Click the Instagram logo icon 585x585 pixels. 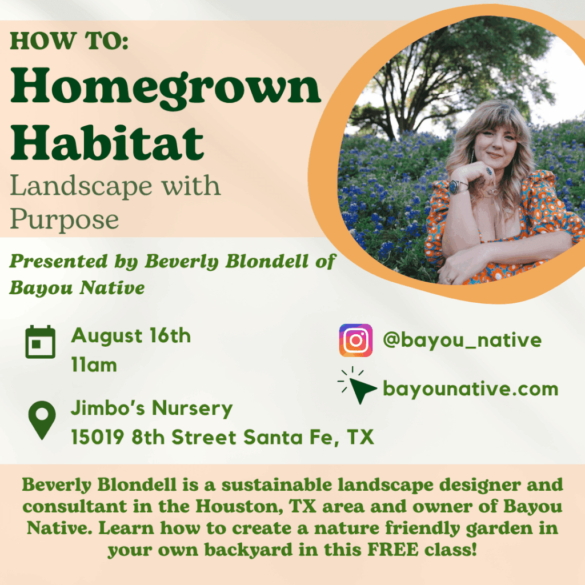pos(355,340)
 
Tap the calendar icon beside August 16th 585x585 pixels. pos(41,342)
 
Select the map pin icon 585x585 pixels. pos(42,420)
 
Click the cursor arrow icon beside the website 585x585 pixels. pos(357,386)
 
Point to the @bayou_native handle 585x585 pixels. pos(462,340)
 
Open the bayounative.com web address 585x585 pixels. pos(471,388)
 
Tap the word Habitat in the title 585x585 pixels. pos(107,142)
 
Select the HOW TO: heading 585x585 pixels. pos(69,41)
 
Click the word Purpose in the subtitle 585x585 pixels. pos(64,219)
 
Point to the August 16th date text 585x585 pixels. pos(131,335)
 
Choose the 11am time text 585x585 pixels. pos(94,364)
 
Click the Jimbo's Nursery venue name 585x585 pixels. pos(151,407)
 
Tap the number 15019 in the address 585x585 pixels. pos(97,437)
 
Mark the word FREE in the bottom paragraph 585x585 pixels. pos(392,549)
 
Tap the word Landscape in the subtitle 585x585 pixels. pos(81,186)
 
